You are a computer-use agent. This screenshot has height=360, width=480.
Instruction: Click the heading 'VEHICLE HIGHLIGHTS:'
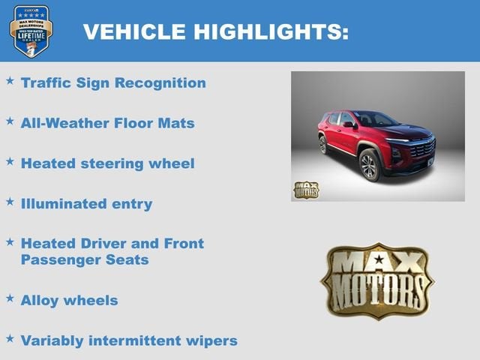[x=215, y=31]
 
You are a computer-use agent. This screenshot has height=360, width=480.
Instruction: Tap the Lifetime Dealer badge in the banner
[x=31, y=31]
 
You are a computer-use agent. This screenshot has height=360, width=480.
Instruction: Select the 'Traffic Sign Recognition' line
[x=113, y=82]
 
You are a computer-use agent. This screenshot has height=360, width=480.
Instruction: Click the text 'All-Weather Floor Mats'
[x=107, y=123]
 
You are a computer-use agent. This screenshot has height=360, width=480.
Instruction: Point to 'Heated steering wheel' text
[x=107, y=163]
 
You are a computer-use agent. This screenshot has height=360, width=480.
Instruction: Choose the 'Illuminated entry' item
[x=86, y=203]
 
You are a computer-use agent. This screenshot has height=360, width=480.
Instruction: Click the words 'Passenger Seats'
[x=84, y=260]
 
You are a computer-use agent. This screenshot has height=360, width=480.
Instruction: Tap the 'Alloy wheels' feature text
[x=69, y=300]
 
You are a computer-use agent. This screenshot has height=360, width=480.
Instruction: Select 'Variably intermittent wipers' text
[x=129, y=340]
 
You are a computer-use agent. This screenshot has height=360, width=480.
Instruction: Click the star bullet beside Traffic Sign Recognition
[x=10, y=80]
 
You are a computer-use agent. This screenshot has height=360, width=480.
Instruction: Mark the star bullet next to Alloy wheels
[x=10, y=298]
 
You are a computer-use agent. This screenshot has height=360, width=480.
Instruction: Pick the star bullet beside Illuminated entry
[x=10, y=201]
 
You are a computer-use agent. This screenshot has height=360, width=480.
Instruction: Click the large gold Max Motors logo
[x=376, y=280]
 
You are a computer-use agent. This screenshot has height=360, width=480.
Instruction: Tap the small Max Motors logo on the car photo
[x=305, y=190]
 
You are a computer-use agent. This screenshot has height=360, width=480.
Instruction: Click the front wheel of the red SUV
[x=370, y=165]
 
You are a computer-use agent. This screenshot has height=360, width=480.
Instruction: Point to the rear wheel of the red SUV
[x=323, y=145]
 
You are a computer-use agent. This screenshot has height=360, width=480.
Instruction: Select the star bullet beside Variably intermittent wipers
[x=10, y=338]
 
